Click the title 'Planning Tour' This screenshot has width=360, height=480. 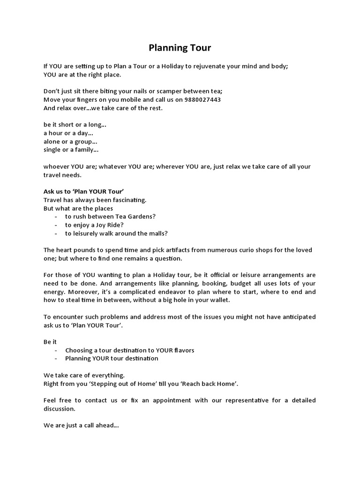tap(180, 47)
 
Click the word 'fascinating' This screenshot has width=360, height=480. tap(129, 200)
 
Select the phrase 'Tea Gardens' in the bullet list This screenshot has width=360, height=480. tap(134, 217)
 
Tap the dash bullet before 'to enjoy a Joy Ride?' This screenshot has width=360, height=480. tap(56, 225)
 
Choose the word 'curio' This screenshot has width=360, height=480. tap(247, 250)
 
